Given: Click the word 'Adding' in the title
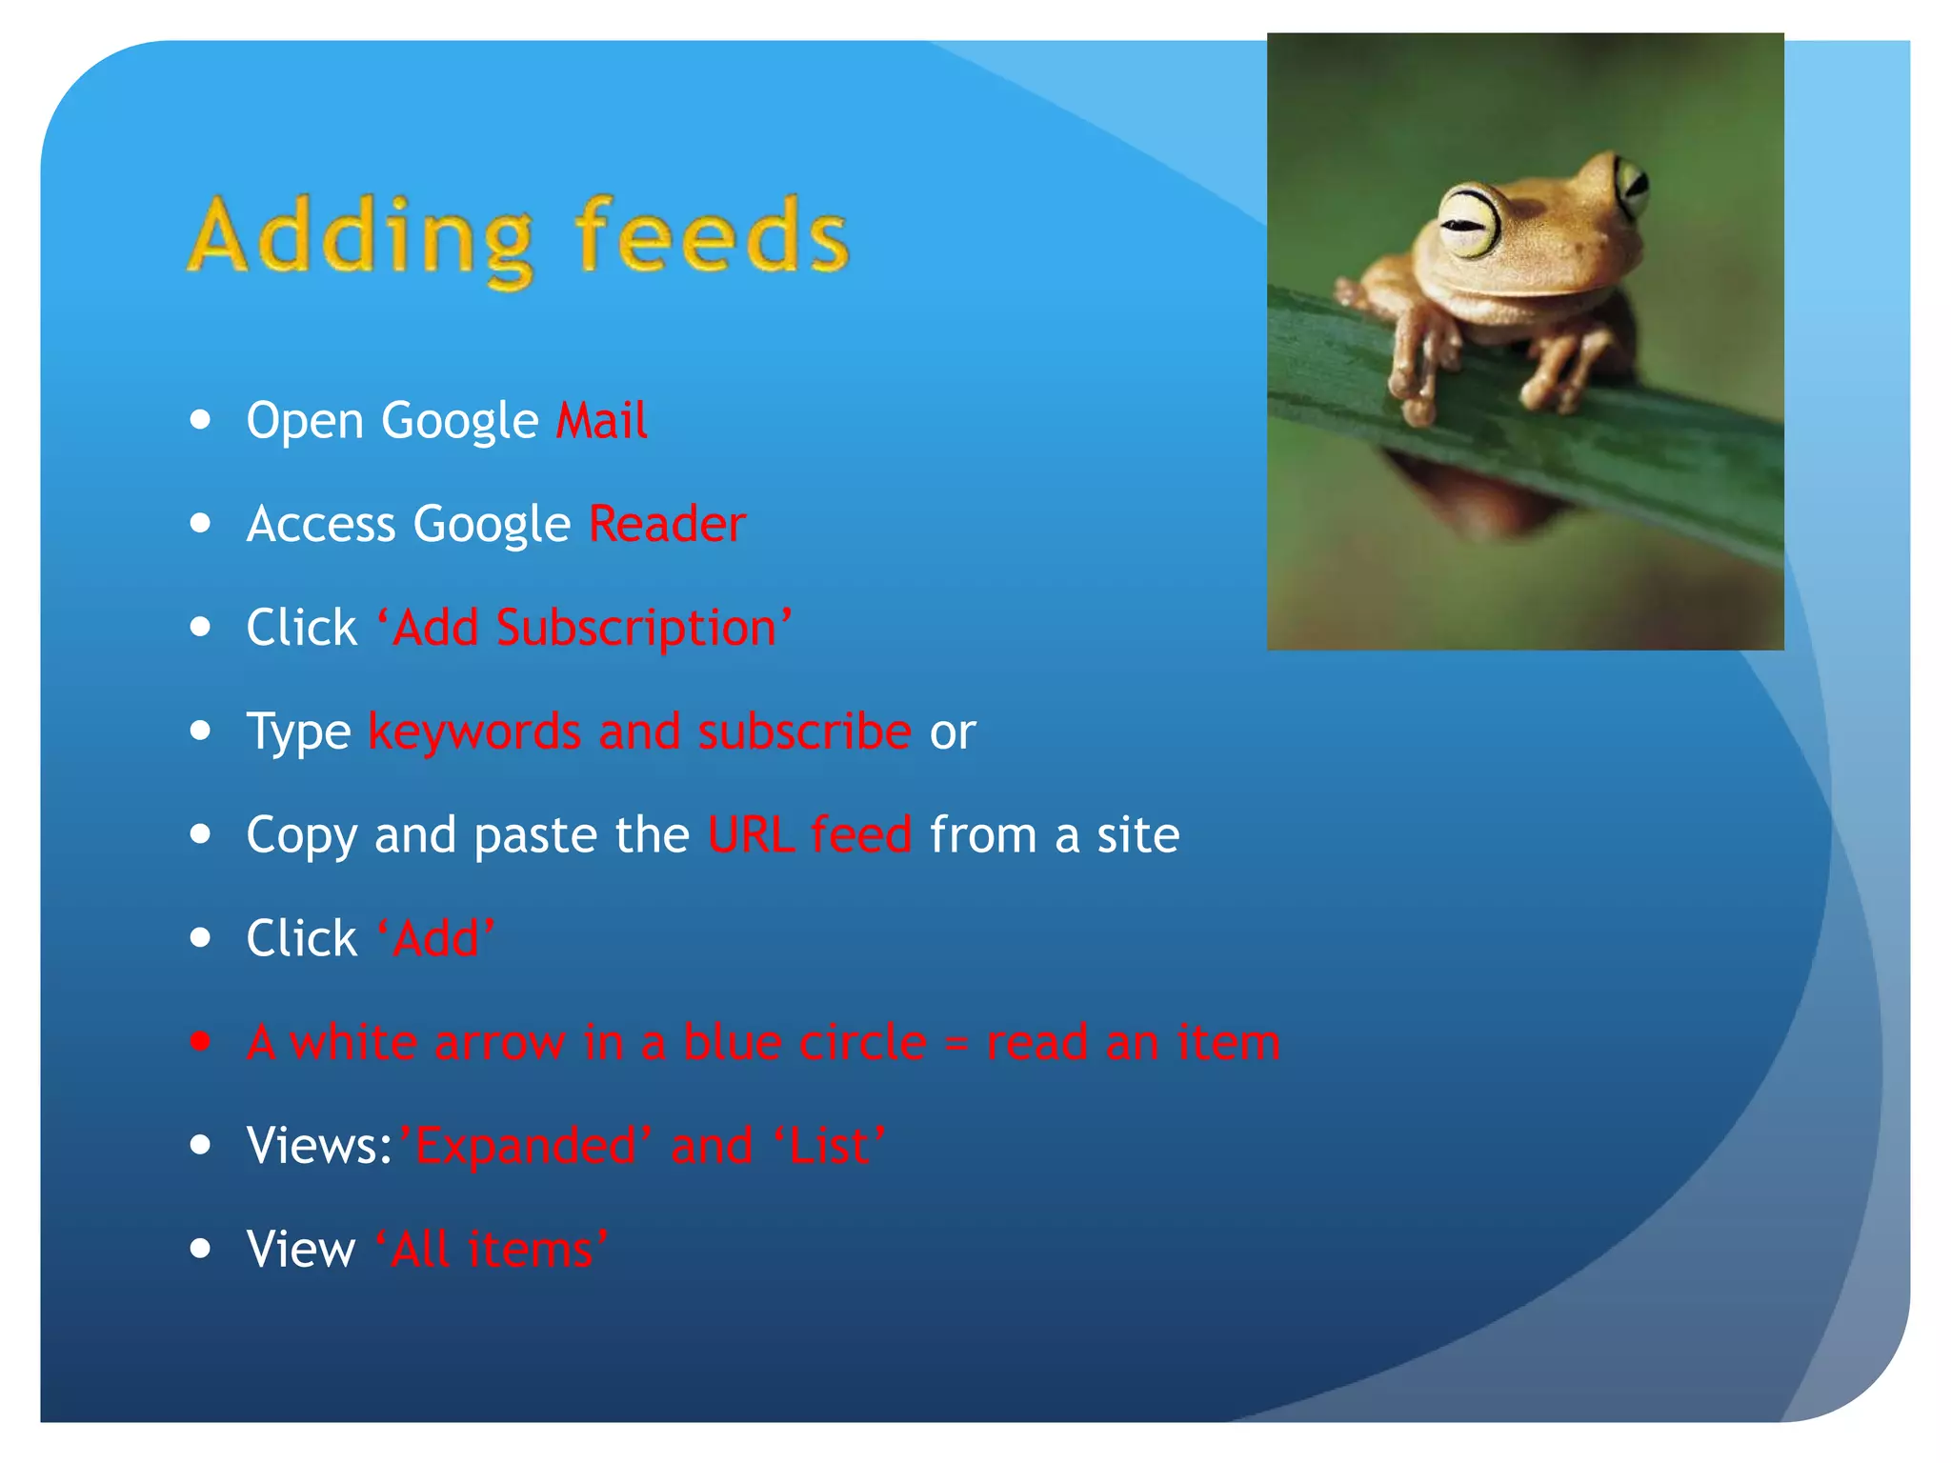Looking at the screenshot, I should point(360,238).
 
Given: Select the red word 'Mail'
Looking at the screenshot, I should point(602,421).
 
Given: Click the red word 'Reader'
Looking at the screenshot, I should point(667,524).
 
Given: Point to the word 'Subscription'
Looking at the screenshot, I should point(636,629).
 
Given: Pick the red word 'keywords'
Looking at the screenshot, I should point(474,731).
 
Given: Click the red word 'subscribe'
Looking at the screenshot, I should point(804,731).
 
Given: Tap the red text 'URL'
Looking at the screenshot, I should point(751,835).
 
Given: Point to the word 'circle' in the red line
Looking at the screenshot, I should point(862,1042).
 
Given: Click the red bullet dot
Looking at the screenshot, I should point(200,1042).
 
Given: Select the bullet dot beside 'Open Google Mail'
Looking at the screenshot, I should point(200,420).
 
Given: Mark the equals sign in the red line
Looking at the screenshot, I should point(956,1044).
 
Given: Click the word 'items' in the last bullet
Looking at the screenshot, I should point(530,1250).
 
